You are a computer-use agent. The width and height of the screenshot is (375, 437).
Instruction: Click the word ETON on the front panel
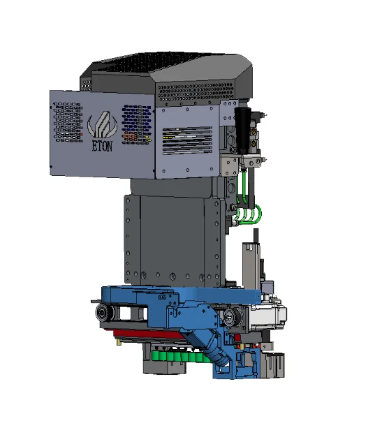click(103, 146)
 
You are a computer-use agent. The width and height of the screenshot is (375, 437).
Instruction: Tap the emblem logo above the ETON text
click(102, 124)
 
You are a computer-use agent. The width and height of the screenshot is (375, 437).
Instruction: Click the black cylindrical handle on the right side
click(242, 130)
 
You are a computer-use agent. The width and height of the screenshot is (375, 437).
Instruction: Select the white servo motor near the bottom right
click(268, 314)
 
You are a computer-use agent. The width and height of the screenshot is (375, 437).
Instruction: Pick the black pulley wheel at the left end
click(105, 312)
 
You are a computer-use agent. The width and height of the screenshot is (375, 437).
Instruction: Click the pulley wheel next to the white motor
click(233, 316)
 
